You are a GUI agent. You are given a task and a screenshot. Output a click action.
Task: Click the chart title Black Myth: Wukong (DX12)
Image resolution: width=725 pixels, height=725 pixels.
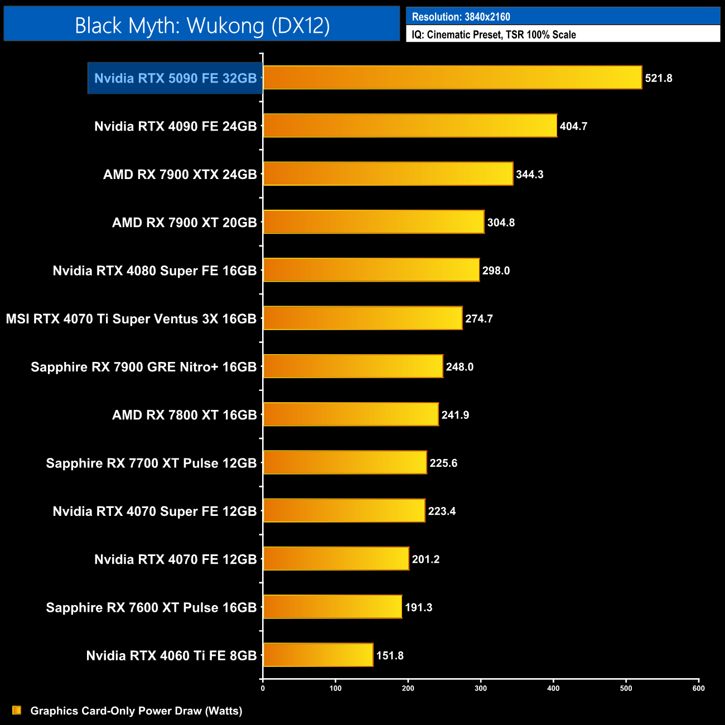click(x=202, y=26)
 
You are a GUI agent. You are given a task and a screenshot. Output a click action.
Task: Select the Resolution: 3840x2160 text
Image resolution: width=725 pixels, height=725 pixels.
click(x=461, y=17)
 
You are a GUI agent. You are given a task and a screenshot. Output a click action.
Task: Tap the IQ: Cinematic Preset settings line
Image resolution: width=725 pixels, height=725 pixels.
click(x=494, y=35)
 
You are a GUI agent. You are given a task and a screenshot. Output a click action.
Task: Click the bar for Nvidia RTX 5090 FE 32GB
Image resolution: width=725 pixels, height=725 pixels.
click(x=452, y=78)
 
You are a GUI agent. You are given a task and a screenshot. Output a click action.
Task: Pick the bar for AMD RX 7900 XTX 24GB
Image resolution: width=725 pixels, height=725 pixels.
click(x=388, y=173)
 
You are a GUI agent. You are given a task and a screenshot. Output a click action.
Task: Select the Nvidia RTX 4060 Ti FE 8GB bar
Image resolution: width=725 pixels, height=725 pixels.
click(x=318, y=655)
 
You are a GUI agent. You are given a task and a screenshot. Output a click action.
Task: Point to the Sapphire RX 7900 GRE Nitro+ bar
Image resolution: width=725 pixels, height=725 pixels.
click(x=353, y=366)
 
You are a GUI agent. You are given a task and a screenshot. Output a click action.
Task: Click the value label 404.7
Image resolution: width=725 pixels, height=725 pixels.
click(x=573, y=126)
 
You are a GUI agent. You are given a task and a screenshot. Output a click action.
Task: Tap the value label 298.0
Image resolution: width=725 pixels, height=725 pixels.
click(x=496, y=270)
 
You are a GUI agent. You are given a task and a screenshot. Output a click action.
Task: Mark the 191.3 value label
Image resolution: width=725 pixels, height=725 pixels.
click(x=418, y=607)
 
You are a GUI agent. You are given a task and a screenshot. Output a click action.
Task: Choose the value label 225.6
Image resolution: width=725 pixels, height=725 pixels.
click(x=443, y=463)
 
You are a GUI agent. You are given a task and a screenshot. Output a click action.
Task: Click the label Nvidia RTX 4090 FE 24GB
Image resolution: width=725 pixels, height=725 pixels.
click(x=175, y=126)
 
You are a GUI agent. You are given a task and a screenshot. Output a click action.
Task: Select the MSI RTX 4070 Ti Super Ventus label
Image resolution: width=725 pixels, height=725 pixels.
click(x=131, y=319)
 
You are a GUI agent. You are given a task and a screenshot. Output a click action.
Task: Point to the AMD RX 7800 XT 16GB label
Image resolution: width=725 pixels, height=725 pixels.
click(x=184, y=415)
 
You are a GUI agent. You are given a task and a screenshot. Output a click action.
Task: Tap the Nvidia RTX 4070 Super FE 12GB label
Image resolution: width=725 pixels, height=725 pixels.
click(x=154, y=511)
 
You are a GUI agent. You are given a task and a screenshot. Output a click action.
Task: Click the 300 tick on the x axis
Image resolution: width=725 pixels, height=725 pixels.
click(x=481, y=688)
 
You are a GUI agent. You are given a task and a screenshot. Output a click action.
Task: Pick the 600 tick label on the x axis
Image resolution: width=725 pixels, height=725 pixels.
click(x=698, y=688)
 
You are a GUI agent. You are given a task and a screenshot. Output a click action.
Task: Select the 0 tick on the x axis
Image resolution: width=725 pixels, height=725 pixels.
click(x=263, y=688)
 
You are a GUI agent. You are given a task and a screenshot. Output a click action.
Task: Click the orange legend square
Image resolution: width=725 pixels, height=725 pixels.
click(x=17, y=710)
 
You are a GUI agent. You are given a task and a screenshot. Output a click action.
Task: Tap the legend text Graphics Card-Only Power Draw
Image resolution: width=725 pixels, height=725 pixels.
click(x=136, y=710)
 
